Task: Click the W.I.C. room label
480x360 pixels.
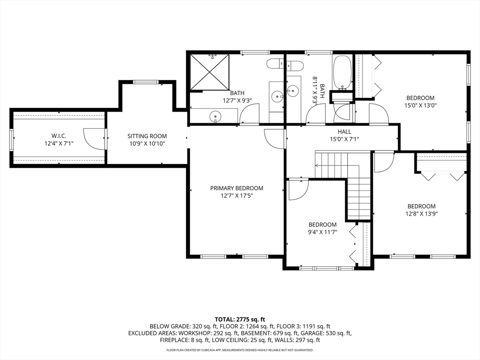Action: click(x=59, y=135)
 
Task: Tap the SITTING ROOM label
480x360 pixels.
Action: click(x=147, y=136)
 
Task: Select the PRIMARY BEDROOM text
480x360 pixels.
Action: click(x=237, y=188)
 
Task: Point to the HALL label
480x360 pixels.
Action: click(x=345, y=132)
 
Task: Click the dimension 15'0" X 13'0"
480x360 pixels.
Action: click(x=420, y=105)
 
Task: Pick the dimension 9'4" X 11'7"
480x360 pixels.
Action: click(x=322, y=232)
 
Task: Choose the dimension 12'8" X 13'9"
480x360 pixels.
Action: click(x=421, y=214)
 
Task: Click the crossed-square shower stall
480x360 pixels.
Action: click(x=210, y=72)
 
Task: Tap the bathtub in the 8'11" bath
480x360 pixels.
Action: click(x=342, y=72)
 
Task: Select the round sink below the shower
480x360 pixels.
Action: click(x=216, y=116)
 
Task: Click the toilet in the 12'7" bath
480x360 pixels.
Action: click(x=275, y=64)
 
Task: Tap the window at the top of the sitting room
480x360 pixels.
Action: click(x=146, y=82)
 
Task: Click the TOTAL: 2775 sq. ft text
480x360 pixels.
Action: click(x=240, y=320)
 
